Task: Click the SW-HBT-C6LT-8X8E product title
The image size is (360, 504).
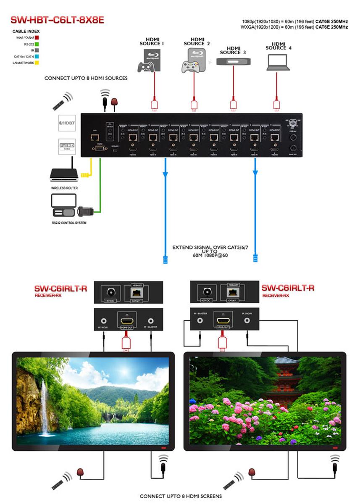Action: pos(57,20)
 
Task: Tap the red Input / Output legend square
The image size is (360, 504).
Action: pos(37,38)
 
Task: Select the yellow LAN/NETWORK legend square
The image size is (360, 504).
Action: pos(37,63)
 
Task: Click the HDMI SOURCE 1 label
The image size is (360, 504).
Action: pos(152,41)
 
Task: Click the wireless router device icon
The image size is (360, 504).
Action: pos(64,173)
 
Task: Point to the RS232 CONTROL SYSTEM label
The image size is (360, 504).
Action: pos(69,223)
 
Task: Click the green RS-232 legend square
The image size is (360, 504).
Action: pos(37,44)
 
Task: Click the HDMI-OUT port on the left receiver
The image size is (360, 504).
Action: pos(127,320)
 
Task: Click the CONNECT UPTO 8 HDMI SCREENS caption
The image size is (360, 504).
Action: pos(181,496)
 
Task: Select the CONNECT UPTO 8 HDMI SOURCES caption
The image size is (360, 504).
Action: pos(86,79)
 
